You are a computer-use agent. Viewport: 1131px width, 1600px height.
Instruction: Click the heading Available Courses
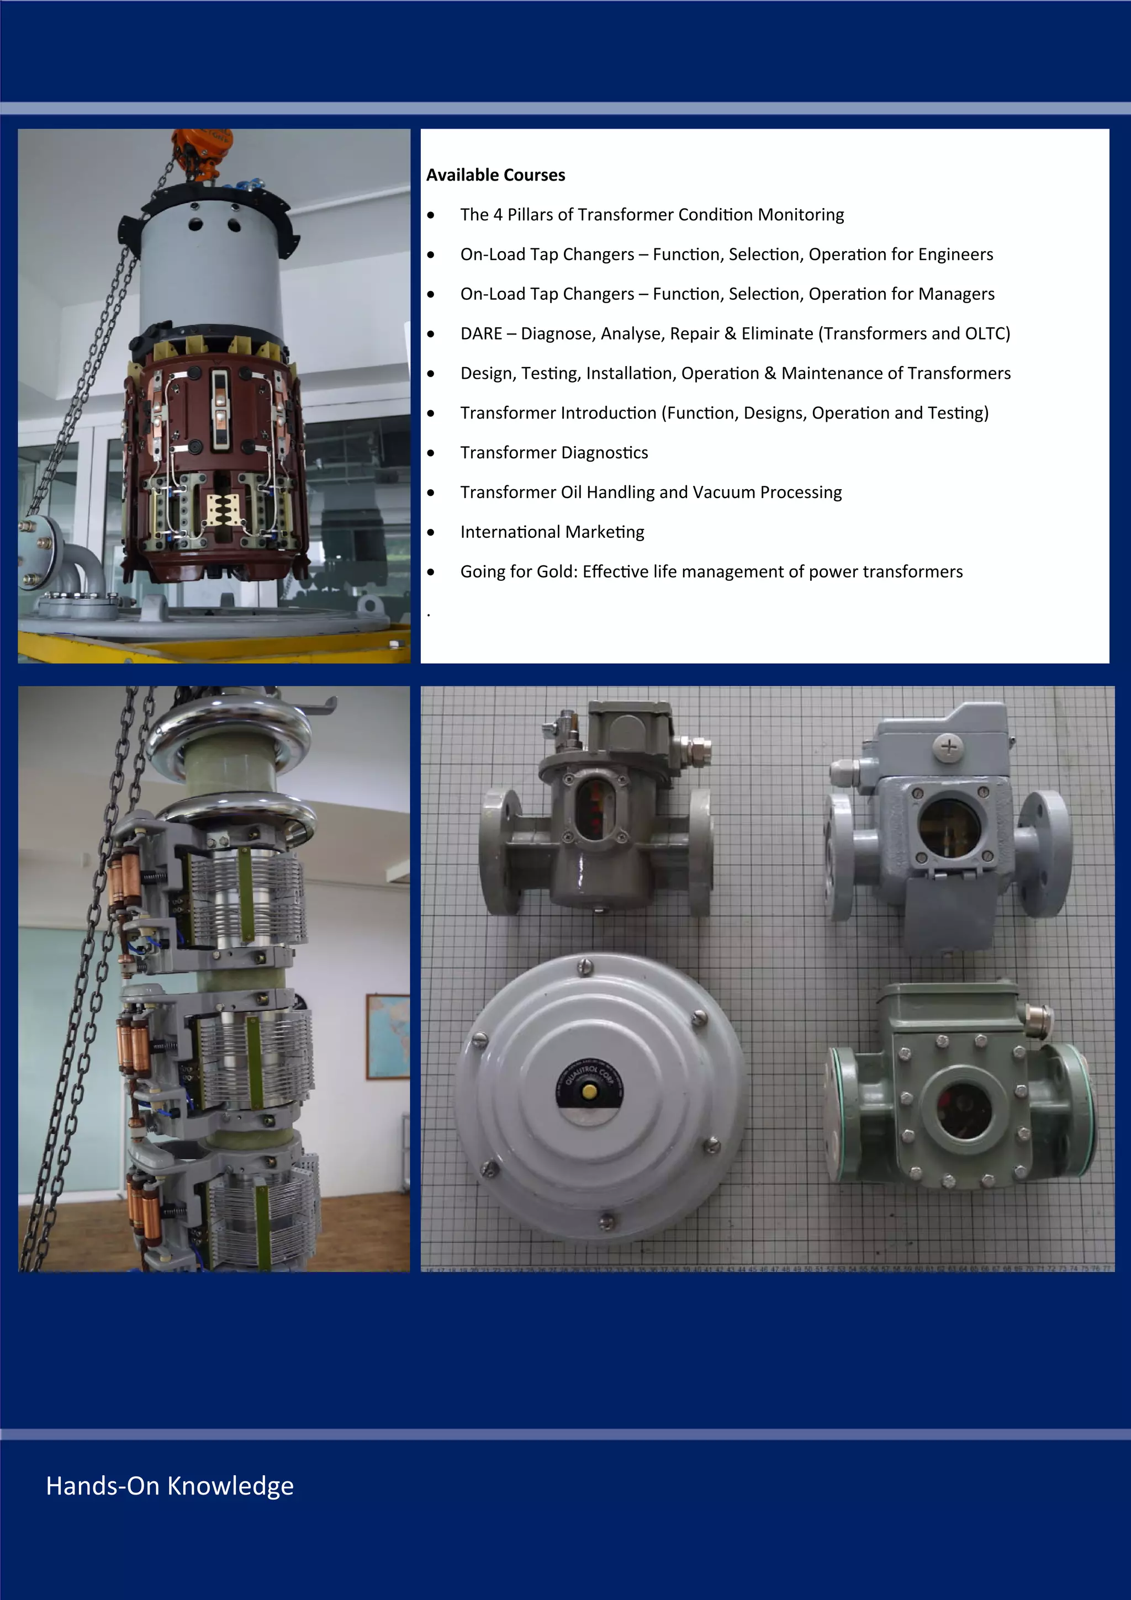pos(495,175)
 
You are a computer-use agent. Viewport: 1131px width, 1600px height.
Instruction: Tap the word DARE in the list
pos(481,334)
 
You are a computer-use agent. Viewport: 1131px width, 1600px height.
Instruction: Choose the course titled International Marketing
pos(552,532)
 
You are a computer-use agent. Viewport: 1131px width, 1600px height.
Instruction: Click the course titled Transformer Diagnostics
pos(554,453)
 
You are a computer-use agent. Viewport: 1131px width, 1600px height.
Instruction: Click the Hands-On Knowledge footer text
pos(170,1486)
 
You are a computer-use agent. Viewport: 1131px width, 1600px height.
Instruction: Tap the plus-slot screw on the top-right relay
pos(949,747)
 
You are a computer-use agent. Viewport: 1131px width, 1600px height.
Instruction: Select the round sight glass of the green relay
pos(965,1108)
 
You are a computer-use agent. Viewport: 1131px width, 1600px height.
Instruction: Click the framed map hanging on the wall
pos(388,1037)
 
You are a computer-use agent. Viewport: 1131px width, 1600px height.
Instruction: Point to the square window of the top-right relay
pos(949,828)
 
